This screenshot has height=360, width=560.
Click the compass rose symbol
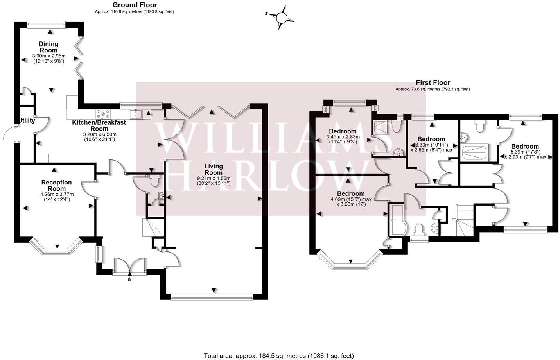281,18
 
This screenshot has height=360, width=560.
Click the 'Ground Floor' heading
135,5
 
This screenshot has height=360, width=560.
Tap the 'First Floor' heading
433,82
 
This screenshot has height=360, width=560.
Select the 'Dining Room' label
48,47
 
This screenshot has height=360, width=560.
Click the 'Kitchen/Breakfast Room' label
99,125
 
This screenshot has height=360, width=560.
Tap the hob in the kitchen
103,114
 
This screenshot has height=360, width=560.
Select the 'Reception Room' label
57,185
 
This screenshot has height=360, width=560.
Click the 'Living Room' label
214,169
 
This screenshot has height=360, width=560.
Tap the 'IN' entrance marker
130,279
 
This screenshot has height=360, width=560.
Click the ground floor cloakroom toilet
154,181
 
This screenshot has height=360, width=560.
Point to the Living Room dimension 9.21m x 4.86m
214,178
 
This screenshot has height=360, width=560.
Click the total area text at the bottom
279,356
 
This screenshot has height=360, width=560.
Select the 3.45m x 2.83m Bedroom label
343,131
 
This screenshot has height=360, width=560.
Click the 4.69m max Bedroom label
351,193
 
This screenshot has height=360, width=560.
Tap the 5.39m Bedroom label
525,146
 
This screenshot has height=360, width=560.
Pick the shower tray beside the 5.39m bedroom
475,152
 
